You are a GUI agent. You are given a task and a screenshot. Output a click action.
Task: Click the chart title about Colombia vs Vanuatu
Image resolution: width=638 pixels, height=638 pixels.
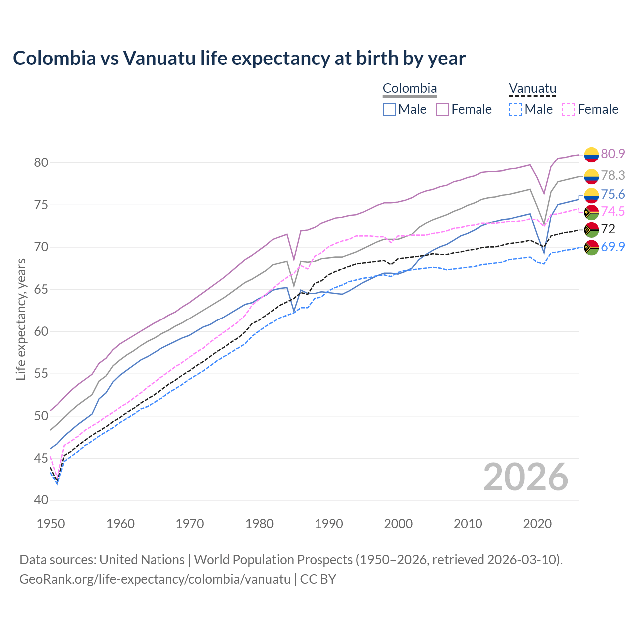tap(239, 58)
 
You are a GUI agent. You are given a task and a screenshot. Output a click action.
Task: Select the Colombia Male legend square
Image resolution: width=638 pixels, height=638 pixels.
tap(389, 109)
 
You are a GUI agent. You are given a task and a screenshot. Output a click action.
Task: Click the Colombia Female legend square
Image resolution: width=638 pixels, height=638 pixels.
tap(442, 109)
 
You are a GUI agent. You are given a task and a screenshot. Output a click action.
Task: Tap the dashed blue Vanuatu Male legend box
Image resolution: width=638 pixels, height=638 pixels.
tap(515, 109)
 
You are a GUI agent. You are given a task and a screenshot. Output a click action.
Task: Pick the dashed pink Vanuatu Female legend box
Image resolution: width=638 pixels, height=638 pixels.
tap(569, 109)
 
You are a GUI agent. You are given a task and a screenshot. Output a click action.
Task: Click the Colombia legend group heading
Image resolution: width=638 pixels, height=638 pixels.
tap(410, 89)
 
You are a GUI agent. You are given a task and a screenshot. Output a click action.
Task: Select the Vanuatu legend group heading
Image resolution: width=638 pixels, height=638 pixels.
tap(532, 89)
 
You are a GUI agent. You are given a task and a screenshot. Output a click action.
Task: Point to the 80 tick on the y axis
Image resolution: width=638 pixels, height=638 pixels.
tap(41, 162)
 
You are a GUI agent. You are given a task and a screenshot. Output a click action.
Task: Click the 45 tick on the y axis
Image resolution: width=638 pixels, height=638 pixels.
tap(41, 458)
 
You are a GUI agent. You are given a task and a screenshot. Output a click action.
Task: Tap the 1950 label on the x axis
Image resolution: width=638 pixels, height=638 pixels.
tap(51, 524)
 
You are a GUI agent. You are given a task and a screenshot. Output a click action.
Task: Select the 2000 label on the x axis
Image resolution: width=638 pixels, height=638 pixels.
tap(398, 524)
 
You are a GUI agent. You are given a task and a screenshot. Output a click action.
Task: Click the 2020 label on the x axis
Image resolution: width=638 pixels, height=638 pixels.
tap(537, 524)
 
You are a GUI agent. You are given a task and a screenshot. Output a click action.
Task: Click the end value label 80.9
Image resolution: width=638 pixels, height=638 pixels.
tap(613, 154)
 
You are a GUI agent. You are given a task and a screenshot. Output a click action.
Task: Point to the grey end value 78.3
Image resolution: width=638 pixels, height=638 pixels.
tap(613, 175)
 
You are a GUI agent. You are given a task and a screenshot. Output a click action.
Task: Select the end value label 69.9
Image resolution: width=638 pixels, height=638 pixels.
tap(613, 247)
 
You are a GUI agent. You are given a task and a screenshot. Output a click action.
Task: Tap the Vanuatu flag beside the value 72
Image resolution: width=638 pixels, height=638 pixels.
tap(591, 229)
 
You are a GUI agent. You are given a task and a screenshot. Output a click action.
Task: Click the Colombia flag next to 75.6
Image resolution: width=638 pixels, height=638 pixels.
tap(591, 195)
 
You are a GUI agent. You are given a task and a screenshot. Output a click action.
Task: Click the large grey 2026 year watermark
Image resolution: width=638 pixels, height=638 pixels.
tap(526, 477)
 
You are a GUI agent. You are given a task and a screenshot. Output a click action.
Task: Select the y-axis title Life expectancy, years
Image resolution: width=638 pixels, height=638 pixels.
tap(21, 319)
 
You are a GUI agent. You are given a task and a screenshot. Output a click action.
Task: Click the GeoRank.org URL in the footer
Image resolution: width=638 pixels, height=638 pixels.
tap(155, 579)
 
